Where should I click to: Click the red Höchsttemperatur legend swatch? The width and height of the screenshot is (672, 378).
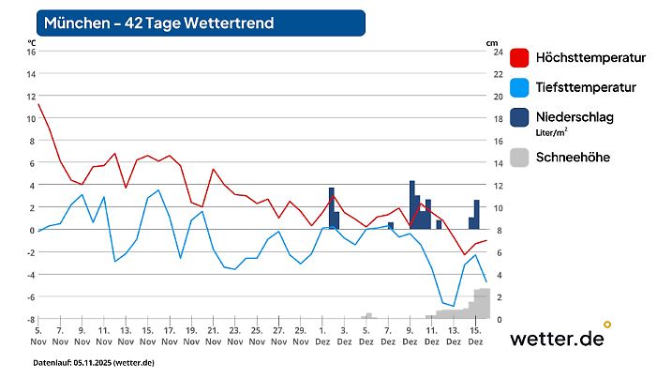click(x=520, y=58)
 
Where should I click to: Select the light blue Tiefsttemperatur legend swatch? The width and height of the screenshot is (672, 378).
click(x=520, y=88)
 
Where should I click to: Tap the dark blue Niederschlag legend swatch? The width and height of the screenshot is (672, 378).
click(x=520, y=117)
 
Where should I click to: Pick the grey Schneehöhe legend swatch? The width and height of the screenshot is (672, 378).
click(x=520, y=157)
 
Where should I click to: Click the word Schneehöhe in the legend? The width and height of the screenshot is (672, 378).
click(x=573, y=157)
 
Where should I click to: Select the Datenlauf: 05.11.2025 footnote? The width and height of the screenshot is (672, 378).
click(x=94, y=362)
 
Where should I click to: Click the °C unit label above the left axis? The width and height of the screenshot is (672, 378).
click(x=32, y=42)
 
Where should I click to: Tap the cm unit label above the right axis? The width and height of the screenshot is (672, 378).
click(x=492, y=42)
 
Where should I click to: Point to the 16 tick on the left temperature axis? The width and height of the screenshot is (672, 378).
click(x=30, y=52)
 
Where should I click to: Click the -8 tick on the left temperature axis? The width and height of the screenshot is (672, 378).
click(x=30, y=319)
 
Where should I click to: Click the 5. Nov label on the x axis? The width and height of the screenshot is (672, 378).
click(x=37, y=337)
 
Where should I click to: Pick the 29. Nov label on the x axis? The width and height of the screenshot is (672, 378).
click(x=300, y=337)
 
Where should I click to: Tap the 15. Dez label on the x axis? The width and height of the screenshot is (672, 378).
click(x=475, y=337)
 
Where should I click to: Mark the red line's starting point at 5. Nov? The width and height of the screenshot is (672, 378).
click(x=38, y=104)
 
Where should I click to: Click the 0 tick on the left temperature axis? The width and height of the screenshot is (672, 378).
click(x=32, y=230)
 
